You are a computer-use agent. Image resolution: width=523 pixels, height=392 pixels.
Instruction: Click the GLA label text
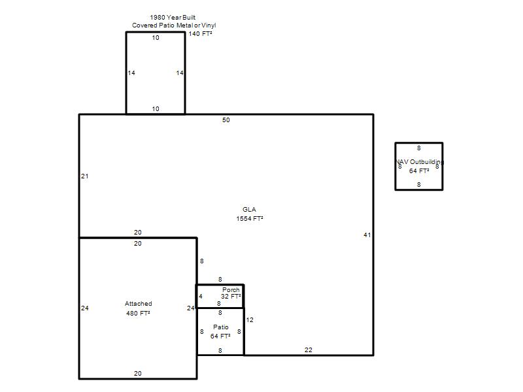click(x=249, y=209)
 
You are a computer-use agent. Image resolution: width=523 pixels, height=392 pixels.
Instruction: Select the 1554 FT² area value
click(x=250, y=219)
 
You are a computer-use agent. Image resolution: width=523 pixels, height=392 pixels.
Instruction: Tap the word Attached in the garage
click(x=139, y=304)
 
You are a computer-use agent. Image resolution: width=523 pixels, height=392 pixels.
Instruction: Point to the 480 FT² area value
click(x=138, y=314)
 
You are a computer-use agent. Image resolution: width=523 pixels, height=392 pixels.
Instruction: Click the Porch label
click(x=231, y=290)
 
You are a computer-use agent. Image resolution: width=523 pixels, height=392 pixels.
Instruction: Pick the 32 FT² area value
click(x=231, y=297)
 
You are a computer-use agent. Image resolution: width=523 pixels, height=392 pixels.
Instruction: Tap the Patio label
click(x=221, y=327)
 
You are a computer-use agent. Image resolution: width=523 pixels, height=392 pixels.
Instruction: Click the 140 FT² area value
click(x=200, y=34)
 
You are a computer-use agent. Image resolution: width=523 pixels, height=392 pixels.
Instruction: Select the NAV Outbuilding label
click(x=420, y=161)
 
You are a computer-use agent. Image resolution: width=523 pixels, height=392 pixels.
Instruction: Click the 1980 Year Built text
click(x=173, y=18)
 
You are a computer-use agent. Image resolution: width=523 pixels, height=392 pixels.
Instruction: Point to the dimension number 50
click(x=226, y=120)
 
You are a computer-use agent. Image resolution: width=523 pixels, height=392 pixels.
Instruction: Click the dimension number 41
click(x=367, y=235)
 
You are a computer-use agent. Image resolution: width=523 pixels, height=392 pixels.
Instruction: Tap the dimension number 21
click(x=85, y=176)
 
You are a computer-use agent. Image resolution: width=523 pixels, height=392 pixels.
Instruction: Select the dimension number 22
click(x=309, y=350)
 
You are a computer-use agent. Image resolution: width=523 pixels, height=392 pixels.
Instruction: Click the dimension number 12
click(x=250, y=320)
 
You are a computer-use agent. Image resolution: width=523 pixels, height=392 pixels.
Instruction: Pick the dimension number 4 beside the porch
click(x=201, y=297)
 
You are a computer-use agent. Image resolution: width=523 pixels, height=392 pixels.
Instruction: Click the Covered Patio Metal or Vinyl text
click(x=174, y=25)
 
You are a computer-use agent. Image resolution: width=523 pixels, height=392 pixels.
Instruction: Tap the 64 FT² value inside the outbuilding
click(x=419, y=171)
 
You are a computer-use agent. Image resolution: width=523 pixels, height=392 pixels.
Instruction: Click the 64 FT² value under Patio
click(x=220, y=336)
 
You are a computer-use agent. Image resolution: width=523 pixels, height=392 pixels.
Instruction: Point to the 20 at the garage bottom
click(x=138, y=373)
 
